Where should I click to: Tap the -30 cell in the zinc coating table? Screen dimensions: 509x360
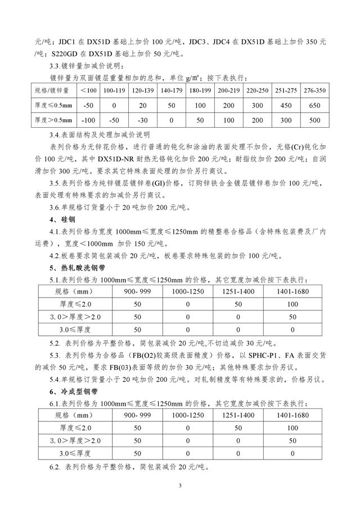click(x=142, y=120)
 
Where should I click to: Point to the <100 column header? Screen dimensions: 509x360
click(x=88, y=90)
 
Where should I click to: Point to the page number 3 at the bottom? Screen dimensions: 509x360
click(x=179, y=485)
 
